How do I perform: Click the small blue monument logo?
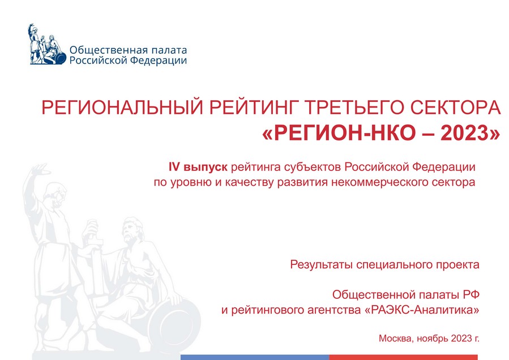[x=46, y=44]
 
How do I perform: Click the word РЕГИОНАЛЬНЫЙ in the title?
[x=118, y=108]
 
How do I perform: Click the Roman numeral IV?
[x=174, y=167]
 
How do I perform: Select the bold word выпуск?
[x=206, y=168]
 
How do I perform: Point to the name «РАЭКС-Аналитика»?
[x=422, y=310]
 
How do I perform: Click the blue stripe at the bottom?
[x=255, y=357]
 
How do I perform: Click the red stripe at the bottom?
[x=404, y=357]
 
